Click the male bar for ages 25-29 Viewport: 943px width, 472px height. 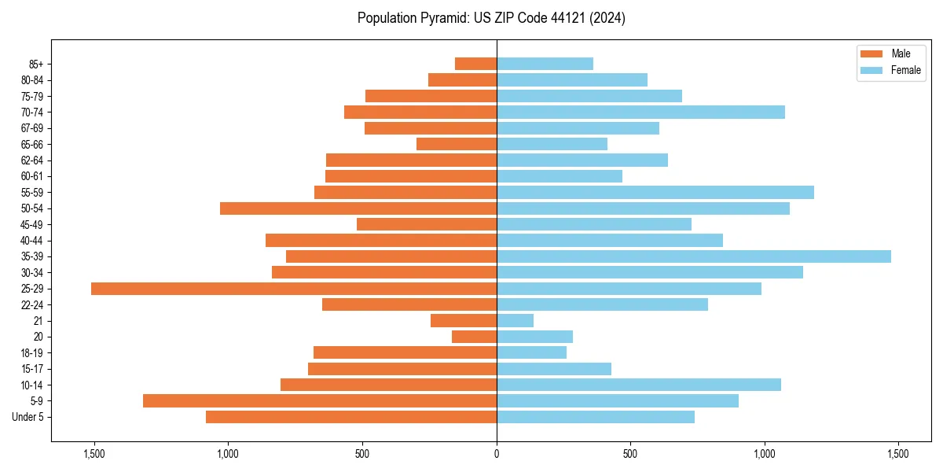[x=294, y=289]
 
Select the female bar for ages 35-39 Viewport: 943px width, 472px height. [x=694, y=256]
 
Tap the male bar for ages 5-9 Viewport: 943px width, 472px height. [x=320, y=401]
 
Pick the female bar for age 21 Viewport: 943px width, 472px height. [x=515, y=321]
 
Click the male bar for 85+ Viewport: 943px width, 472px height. [x=475, y=64]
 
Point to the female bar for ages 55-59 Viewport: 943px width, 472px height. [x=655, y=192]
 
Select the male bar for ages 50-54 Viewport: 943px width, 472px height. [x=358, y=208]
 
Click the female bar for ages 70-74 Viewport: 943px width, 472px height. [x=640, y=112]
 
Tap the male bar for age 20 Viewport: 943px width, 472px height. [x=474, y=337]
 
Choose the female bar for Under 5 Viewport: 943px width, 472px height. [x=596, y=417]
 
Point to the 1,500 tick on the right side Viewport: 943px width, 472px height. [x=898, y=455]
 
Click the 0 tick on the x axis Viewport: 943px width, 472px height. [x=497, y=455]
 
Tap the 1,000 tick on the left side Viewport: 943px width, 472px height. [x=228, y=455]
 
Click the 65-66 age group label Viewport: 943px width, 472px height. [x=32, y=144]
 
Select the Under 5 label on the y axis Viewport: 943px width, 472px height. [x=28, y=417]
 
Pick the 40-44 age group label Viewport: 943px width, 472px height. [x=32, y=241]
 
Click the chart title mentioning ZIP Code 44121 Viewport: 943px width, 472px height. [x=491, y=18]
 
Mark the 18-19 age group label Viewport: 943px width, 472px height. [x=32, y=353]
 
